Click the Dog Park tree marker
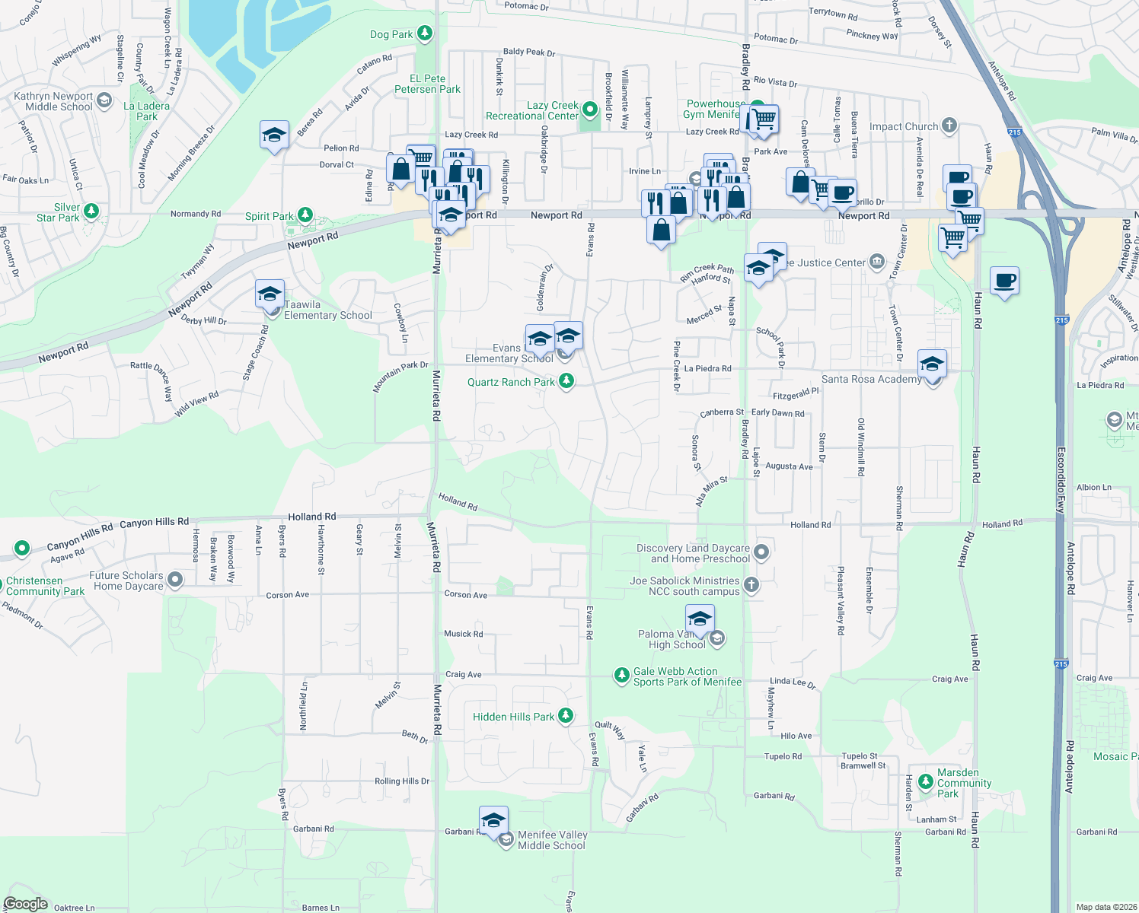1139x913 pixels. click(425, 33)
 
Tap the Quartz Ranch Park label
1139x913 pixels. click(511, 382)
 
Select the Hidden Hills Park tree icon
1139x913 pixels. click(565, 716)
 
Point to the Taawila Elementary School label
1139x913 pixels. click(327, 310)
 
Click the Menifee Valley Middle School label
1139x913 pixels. click(552, 840)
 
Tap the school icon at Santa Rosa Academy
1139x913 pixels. click(932, 364)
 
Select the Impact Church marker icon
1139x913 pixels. click(949, 126)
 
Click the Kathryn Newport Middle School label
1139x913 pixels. click(53, 101)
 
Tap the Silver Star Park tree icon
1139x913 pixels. click(91, 211)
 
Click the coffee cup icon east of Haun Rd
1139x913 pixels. click(1004, 281)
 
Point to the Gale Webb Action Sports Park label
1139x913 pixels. click(687, 676)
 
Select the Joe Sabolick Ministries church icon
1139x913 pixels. click(751, 584)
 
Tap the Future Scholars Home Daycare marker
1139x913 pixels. click(175, 581)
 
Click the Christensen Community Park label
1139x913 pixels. click(45, 586)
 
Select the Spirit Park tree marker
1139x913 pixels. click(305, 215)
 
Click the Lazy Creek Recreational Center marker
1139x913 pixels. click(590, 110)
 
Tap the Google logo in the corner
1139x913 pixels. click(26, 904)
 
